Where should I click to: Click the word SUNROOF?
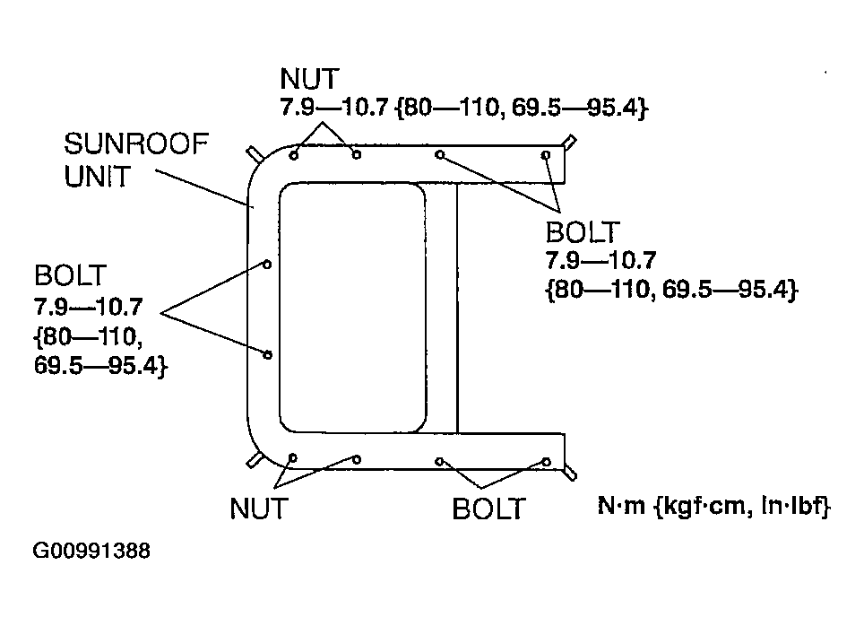point(136,144)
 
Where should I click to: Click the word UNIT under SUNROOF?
point(97,177)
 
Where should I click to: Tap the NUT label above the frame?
point(309,79)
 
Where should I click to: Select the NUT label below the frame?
point(258,508)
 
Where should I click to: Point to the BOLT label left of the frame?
point(70,275)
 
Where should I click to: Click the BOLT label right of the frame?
point(583,232)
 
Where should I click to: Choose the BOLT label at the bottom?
point(488,509)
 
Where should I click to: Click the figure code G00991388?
point(91,551)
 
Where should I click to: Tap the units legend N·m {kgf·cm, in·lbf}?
point(713,505)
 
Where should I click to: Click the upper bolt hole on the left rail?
point(267,265)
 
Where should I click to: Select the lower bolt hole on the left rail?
point(268,354)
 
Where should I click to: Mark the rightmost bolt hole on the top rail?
point(546,155)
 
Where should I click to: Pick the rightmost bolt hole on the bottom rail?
point(547,462)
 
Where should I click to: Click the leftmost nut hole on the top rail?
point(294,156)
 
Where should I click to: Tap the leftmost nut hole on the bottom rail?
point(293,457)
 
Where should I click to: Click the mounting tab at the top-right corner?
point(570,141)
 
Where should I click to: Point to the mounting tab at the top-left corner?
point(255,153)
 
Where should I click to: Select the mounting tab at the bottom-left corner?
point(254,460)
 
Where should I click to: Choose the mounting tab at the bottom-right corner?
point(571,474)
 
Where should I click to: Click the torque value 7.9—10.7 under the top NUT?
point(334,107)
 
